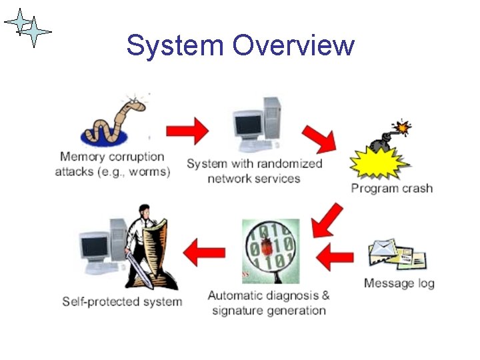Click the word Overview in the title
coord(294,45)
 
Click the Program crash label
coord(392,188)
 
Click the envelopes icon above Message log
coord(399,257)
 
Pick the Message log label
coord(399,283)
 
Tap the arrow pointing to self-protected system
coord(203,253)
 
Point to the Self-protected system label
coord(122,301)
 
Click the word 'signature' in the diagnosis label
coord(239,311)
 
